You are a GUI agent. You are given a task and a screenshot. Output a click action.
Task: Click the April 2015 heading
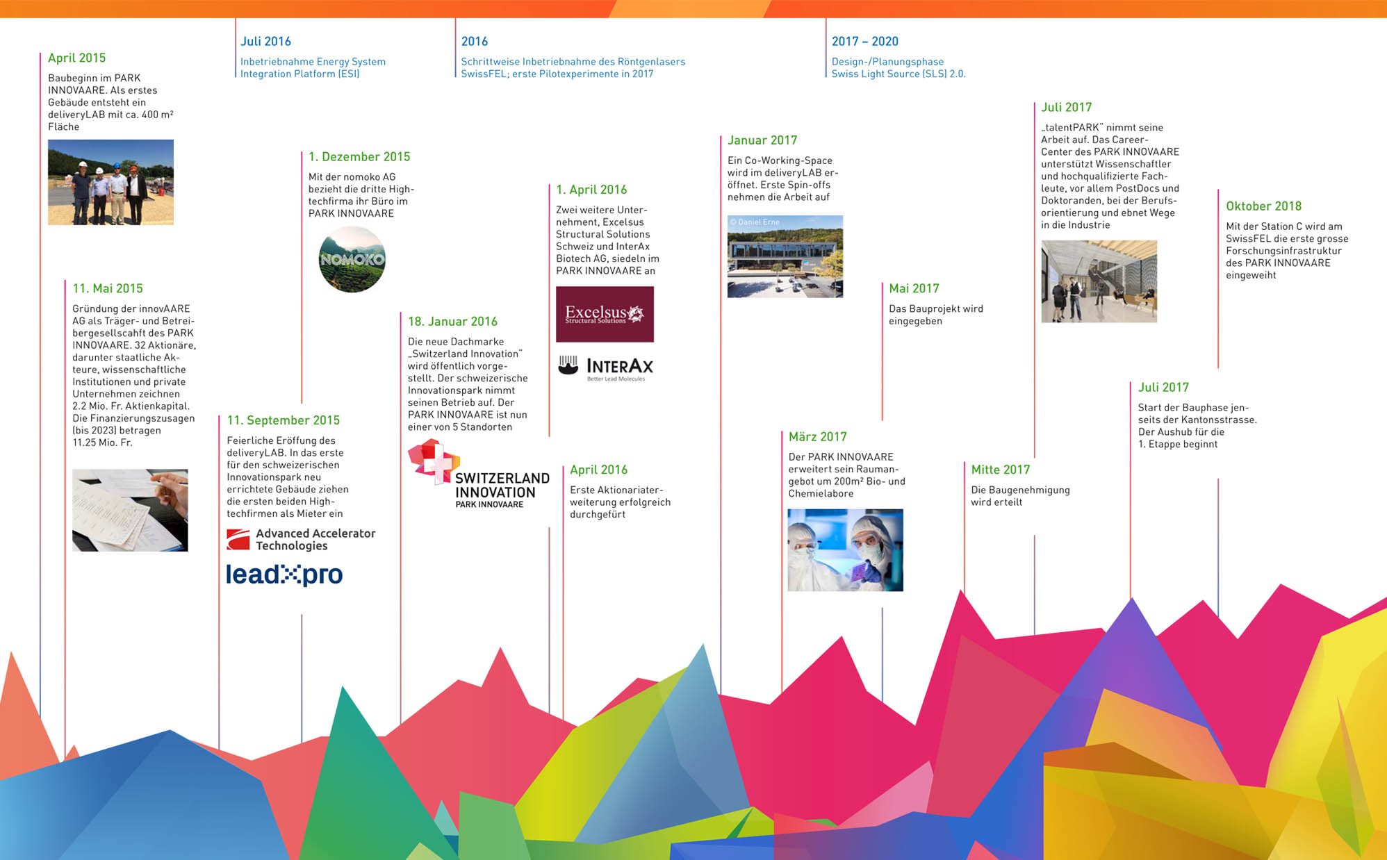(76, 58)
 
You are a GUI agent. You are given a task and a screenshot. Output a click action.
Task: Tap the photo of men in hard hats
(110, 182)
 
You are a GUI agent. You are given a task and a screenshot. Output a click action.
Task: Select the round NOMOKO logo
(352, 259)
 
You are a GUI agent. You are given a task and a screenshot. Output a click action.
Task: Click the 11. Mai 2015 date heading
(108, 289)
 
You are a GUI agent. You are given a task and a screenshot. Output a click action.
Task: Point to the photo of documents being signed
(130, 510)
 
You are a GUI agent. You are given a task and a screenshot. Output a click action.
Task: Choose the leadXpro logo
(284, 574)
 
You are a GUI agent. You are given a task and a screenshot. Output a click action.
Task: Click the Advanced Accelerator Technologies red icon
(238, 540)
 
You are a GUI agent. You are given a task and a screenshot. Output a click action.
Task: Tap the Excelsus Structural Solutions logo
(605, 314)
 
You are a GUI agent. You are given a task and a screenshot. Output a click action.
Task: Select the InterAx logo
(606, 367)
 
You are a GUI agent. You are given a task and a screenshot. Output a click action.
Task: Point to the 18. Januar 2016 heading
(452, 322)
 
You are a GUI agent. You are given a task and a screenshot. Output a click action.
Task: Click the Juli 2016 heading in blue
(265, 42)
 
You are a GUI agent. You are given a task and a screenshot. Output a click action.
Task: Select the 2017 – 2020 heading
(864, 42)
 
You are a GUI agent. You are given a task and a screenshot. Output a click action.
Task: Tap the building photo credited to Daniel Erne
(785, 256)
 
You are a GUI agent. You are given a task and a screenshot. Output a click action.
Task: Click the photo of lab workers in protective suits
(845, 550)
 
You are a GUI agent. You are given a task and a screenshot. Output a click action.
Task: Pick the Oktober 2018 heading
(1263, 206)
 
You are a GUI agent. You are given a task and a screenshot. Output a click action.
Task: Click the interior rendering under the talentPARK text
(1099, 281)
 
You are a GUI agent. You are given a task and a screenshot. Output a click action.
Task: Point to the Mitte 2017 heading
(1000, 470)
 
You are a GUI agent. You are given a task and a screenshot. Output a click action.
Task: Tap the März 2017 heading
(817, 437)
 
